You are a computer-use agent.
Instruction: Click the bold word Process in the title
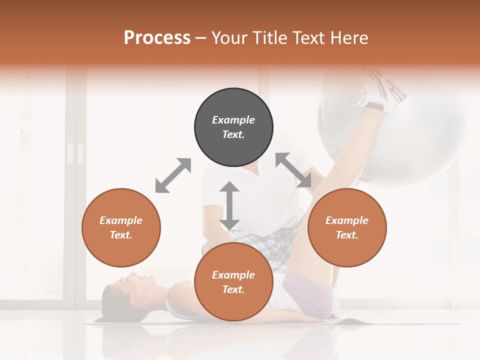coord(157,38)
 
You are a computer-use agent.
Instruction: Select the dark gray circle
coord(233,127)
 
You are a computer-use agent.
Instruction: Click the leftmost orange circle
coord(121,227)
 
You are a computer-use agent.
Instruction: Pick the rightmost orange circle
coord(347,227)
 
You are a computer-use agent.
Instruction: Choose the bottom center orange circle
coord(233,281)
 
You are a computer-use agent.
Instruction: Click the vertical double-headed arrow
coord(229,205)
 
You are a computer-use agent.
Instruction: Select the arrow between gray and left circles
coord(173,175)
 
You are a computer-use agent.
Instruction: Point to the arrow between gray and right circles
coord(293,170)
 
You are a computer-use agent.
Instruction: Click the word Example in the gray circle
coord(233,120)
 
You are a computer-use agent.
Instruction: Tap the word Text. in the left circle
coord(121,235)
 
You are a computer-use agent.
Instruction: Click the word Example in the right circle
coord(347,220)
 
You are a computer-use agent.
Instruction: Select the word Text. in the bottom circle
coord(233,289)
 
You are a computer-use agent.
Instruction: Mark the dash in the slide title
coord(201,38)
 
